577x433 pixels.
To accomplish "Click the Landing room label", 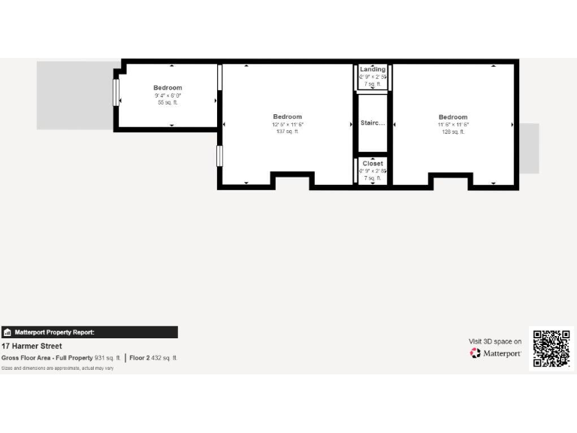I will (373, 69).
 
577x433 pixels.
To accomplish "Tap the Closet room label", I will (373, 163).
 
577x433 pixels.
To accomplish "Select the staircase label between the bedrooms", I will (373, 123).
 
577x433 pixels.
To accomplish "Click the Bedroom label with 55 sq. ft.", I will (168, 88).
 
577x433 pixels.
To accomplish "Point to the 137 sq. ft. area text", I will (287, 132).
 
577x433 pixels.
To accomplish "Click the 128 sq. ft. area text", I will (453, 132).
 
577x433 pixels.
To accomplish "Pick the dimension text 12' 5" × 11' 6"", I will (287, 125).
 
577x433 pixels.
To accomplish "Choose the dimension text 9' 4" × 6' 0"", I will (168, 95).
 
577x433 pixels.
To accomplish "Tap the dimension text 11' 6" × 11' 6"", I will (453, 125).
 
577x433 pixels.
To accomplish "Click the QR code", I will (551, 348).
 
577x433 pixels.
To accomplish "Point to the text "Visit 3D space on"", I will (495, 341).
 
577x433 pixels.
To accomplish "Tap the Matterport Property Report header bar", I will (89, 332).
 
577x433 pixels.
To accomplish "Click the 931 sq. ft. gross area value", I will (107, 358).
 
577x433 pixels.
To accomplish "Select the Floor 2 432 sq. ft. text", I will (153, 358).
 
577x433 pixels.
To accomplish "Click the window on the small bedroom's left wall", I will (116, 92).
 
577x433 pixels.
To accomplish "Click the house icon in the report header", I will (8, 332).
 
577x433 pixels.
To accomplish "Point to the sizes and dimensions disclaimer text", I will (57, 368).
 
